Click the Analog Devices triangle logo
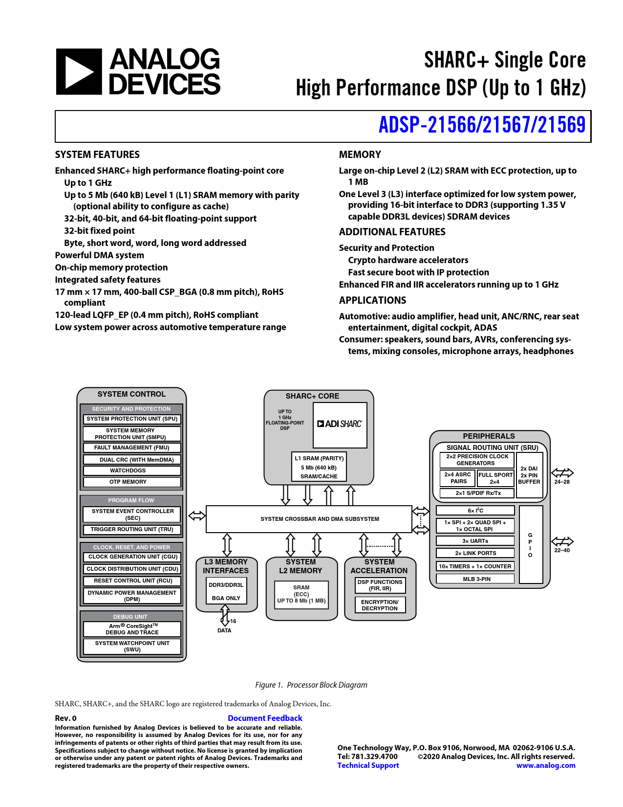[x=79, y=71]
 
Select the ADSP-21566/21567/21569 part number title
[x=482, y=125]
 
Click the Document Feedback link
[x=265, y=718]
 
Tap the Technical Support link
[x=368, y=765]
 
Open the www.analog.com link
[x=546, y=765]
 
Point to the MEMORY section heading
[x=360, y=155]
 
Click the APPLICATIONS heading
[x=372, y=300]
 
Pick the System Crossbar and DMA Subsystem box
[x=309, y=519]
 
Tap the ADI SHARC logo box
[x=340, y=425]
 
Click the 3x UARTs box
[x=475, y=541]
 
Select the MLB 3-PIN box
[x=475, y=579]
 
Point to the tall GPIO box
[x=531, y=544]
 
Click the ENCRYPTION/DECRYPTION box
[x=380, y=605]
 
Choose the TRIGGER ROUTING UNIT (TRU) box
[x=132, y=529]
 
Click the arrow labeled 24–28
[x=562, y=472]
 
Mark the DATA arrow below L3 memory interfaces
[x=225, y=616]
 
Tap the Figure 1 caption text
[x=311, y=685]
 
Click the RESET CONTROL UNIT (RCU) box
[x=132, y=581]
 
